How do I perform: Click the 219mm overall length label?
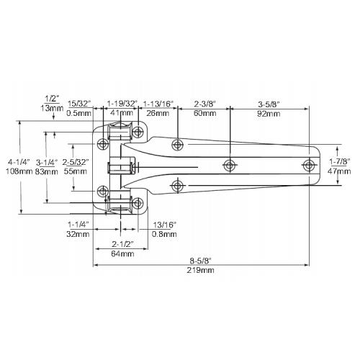200,270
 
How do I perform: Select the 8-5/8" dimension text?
200,261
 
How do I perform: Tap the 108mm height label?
19,171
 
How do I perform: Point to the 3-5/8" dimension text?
269,104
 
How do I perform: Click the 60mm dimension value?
204,113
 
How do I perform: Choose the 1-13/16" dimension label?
158,104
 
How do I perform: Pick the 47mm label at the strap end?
339,171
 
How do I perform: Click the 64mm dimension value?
122,253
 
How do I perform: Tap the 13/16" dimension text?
165,225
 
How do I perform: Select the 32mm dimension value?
78,234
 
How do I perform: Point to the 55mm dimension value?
76,171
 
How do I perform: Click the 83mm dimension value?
47,171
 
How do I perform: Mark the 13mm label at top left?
52,108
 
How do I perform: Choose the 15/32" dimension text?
80,104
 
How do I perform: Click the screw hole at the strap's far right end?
309,165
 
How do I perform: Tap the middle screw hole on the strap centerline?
229,165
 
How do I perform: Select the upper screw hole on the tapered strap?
177,145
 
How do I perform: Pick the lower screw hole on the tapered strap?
177,186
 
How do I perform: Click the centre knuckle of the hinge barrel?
121,165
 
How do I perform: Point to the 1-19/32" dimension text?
122,104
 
